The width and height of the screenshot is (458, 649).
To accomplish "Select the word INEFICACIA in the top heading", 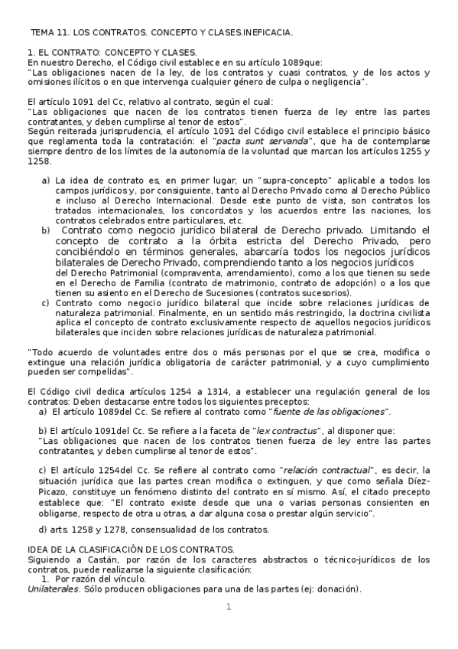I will click(x=265, y=33).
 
